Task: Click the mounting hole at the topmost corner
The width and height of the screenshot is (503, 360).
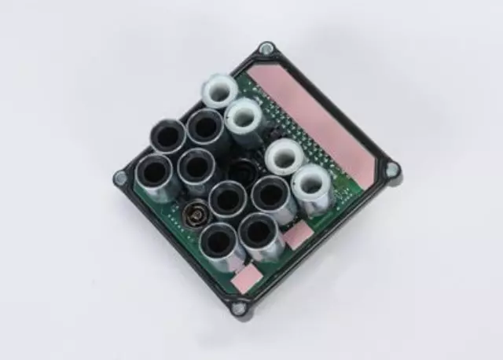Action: tap(267, 50)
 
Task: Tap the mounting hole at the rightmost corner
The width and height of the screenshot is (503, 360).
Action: tap(391, 169)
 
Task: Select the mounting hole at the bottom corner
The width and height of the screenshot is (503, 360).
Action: tap(238, 307)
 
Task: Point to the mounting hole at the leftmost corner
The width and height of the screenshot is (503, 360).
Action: tap(120, 178)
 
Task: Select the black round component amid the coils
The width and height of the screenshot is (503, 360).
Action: tap(243, 169)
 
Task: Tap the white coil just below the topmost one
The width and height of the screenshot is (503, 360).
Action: tap(244, 117)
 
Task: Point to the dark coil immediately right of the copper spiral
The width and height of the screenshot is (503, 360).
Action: tap(228, 198)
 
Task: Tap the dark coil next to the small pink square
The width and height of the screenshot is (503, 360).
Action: tap(259, 231)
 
